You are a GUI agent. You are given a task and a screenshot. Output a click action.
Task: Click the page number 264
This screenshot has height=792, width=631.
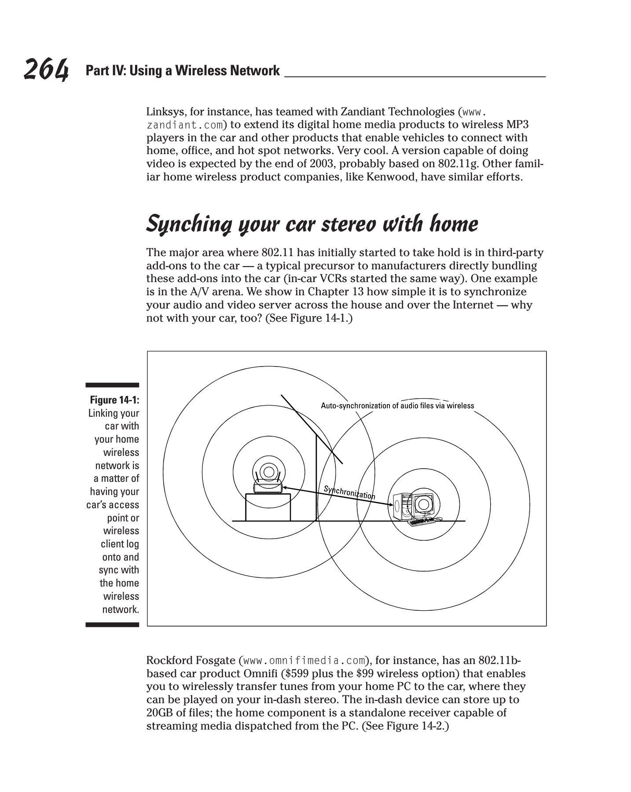[x=46, y=70]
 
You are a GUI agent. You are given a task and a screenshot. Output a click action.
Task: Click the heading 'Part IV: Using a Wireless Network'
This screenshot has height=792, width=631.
[x=183, y=71]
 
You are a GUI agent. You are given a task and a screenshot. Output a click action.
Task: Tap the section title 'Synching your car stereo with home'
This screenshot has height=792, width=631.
[x=312, y=224]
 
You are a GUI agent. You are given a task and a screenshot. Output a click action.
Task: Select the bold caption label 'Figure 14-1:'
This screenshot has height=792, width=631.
[x=114, y=400]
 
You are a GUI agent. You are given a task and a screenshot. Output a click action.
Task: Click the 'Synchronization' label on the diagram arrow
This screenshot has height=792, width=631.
[x=349, y=492]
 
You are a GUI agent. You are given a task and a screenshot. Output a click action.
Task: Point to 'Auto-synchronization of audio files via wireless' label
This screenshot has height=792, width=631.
[x=397, y=406]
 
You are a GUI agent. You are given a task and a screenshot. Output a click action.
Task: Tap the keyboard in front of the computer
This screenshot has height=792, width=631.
[x=420, y=521]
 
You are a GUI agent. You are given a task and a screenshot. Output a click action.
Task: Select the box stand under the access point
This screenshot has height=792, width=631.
[x=268, y=507]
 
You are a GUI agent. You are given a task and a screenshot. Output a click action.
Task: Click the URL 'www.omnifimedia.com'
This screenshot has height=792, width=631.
[x=304, y=660]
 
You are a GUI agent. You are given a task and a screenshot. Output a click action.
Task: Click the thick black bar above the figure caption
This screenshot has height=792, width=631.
[x=112, y=385]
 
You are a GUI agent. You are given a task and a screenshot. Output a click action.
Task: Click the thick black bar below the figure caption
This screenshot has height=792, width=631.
[x=112, y=624]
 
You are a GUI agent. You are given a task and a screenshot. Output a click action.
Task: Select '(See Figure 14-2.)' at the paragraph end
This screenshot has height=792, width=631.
[x=405, y=726]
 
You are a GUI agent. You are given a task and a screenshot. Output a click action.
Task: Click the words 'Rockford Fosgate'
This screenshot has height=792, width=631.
[x=191, y=660]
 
